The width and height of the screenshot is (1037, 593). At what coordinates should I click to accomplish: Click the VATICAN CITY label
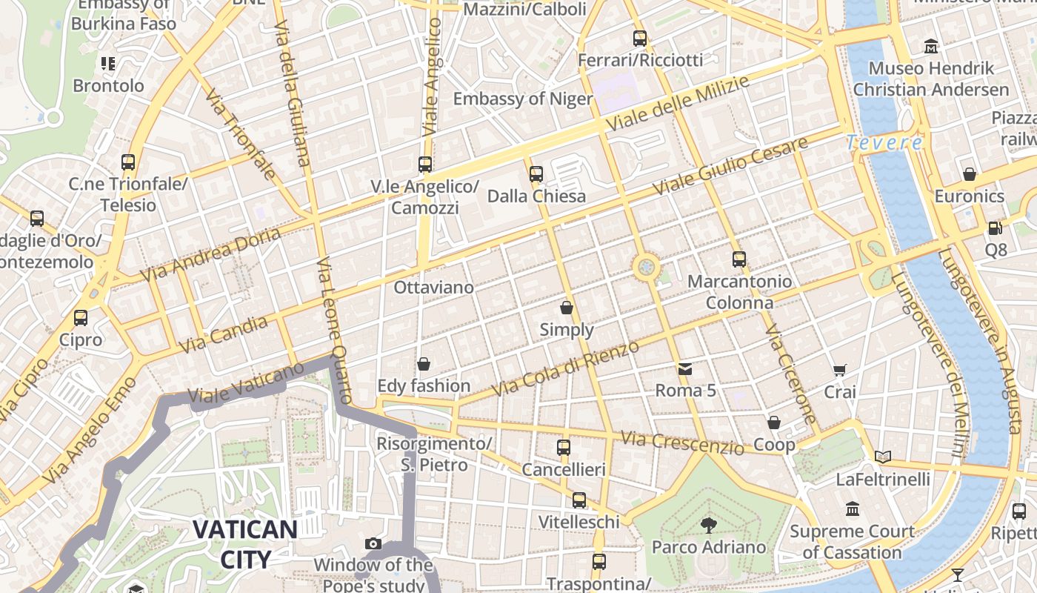(245, 543)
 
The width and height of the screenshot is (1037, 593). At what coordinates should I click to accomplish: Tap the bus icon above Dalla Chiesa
(536, 174)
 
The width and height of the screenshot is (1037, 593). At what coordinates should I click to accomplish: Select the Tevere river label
(884, 142)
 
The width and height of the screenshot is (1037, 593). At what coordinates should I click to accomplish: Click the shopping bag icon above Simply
(567, 308)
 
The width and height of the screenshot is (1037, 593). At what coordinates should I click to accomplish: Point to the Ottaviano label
(434, 287)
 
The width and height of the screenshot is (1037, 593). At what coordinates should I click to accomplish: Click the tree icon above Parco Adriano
(709, 526)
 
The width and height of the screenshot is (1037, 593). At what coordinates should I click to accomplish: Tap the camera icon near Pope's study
(373, 544)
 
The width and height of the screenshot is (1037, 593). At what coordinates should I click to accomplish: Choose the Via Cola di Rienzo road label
(565, 368)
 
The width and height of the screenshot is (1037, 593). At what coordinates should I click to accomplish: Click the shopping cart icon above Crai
(840, 370)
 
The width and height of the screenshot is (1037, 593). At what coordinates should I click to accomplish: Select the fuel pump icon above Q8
(996, 228)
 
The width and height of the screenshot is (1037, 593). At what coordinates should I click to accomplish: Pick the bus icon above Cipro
(81, 318)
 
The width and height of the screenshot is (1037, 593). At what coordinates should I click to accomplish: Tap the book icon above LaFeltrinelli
(882, 457)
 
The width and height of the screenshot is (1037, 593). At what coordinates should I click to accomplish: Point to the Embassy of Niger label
(523, 99)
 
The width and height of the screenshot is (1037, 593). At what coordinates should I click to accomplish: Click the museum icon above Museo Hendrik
(931, 47)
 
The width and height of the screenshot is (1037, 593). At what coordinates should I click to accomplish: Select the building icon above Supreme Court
(853, 509)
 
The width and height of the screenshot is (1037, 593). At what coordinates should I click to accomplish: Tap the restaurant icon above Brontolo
(108, 64)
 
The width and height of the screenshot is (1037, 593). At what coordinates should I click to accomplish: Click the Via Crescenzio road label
(682, 443)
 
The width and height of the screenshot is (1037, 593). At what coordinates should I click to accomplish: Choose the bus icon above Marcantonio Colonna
(739, 259)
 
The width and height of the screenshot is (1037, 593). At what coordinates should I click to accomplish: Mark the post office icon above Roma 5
(685, 368)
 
